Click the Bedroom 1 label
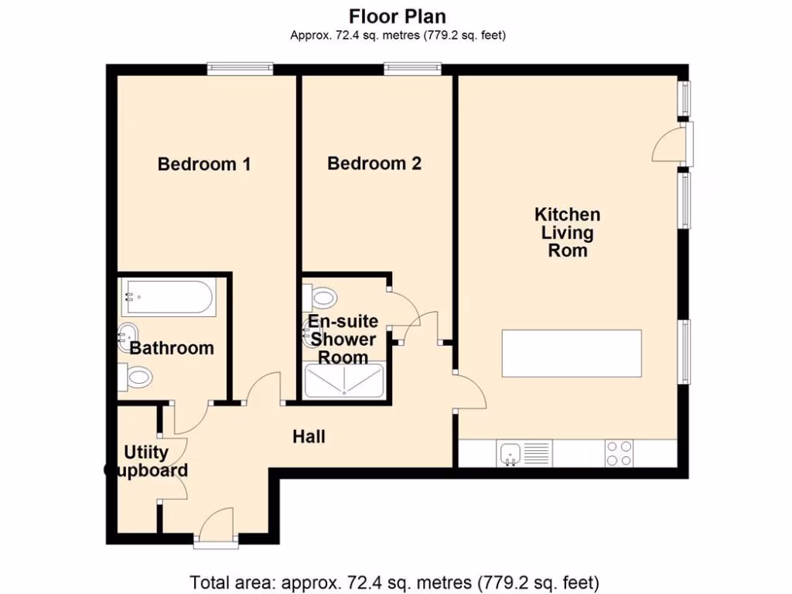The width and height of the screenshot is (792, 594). coord(204,164)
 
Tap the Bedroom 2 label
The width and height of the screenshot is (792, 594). coord(374,163)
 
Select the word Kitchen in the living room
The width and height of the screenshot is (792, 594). coord(567,215)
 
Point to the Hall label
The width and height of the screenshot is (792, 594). coord(309,436)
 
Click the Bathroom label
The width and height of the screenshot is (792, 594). coord(172,348)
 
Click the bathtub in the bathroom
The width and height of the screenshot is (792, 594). coord(169,297)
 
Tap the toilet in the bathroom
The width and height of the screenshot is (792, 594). coord(135,377)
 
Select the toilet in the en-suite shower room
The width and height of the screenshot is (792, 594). coord(319,297)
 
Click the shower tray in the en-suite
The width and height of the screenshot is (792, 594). coord(343,380)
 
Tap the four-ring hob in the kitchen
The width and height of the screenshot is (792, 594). coord(619,453)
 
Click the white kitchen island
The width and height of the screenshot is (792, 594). coord(572,353)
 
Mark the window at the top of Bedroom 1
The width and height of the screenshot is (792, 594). coord(240,69)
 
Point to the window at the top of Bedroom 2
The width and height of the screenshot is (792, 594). coord(413,69)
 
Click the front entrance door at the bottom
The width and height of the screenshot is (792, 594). coord(217,527)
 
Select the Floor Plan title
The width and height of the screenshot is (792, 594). coord(398,17)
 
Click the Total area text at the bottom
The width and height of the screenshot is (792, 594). coord(394,582)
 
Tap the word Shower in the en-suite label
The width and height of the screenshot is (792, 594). coord(343,340)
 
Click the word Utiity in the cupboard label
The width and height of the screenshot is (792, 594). coord(146,452)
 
